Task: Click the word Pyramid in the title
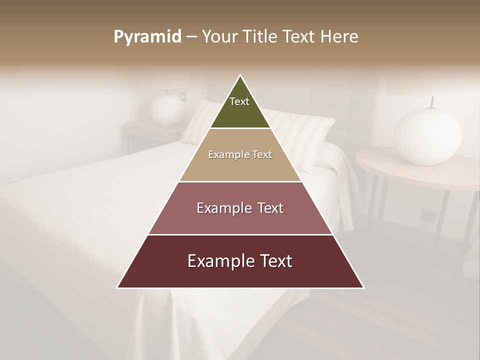(x=147, y=37)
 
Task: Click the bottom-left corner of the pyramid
(x=118, y=287)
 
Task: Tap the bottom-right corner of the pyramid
(x=363, y=287)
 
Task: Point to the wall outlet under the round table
(x=428, y=215)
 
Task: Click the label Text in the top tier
(x=239, y=101)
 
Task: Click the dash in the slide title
(x=191, y=37)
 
